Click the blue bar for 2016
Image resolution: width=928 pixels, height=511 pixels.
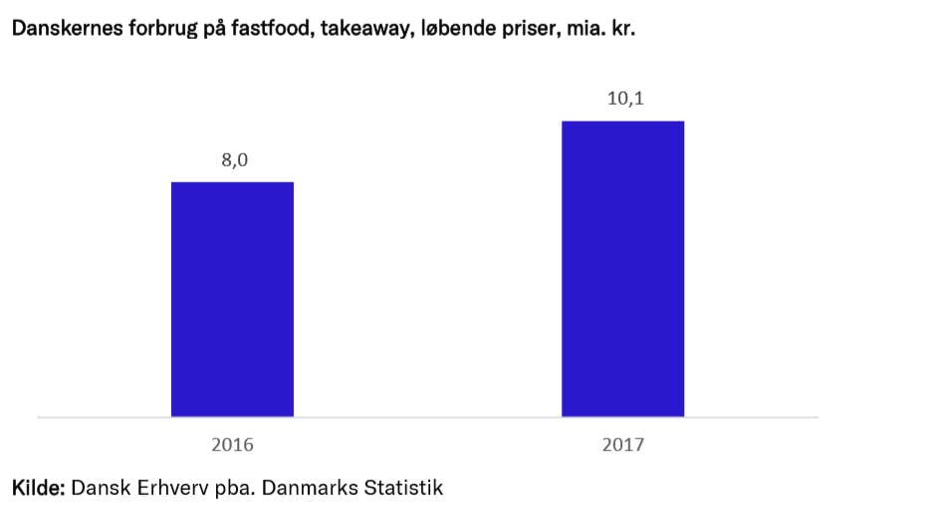[x=232, y=299]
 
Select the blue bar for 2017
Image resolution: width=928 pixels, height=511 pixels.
[x=622, y=269]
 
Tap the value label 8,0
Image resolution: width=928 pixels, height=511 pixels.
[x=234, y=160]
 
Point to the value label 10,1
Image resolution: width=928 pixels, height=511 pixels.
[x=623, y=100]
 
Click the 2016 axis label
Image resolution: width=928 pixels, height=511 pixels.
[x=232, y=444]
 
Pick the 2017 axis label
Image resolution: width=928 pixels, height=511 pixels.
[x=622, y=444]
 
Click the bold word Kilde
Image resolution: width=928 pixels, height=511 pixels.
[x=38, y=488]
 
